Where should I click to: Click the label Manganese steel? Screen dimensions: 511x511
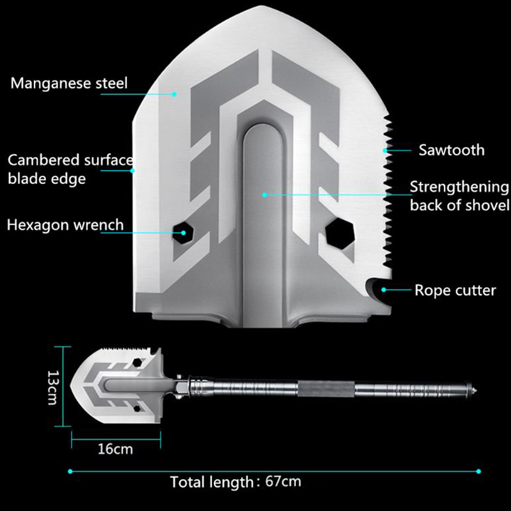pyautogui.click(x=69, y=84)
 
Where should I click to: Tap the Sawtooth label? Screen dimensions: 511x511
pyautogui.click(x=452, y=150)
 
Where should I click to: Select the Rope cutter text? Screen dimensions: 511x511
pyautogui.click(x=455, y=290)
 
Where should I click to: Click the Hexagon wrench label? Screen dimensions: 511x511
pyautogui.click(x=66, y=225)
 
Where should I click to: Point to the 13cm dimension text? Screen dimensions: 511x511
pyautogui.click(x=52, y=388)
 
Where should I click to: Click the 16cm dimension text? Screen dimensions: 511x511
pyautogui.click(x=116, y=449)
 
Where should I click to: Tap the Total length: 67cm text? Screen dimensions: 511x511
pyautogui.click(x=236, y=482)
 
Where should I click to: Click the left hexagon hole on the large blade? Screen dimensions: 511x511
pyautogui.click(x=183, y=233)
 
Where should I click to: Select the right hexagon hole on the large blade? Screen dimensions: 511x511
pyautogui.click(x=340, y=234)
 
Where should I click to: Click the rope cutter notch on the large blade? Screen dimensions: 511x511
pyautogui.click(x=378, y=289)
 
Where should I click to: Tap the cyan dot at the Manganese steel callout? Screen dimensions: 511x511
pyautogui.click(x=174, y=94)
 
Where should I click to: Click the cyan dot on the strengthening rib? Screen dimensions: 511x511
pyautogui.click(x=264, y=195)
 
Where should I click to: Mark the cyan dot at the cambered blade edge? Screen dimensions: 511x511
pyautogui.click(x=132, y=171)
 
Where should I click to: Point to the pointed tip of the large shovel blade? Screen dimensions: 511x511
pyautogui.click(x=261, y=6)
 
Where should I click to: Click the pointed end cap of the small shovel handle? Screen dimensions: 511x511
pyautogui.click(x=473, y=388)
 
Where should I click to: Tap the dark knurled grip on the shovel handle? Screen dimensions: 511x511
pyautogui.click(x=326, y=389)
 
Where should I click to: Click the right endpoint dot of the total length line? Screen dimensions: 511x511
pyautogui.click(x=478, y=471)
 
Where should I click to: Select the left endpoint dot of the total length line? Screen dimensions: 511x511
pyautogui.click(x=70, y=471)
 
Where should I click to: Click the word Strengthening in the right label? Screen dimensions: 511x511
pyautogui.click(x=459, y=187)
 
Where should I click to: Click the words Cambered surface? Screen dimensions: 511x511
pyautogui.click(x=70, y=160)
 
